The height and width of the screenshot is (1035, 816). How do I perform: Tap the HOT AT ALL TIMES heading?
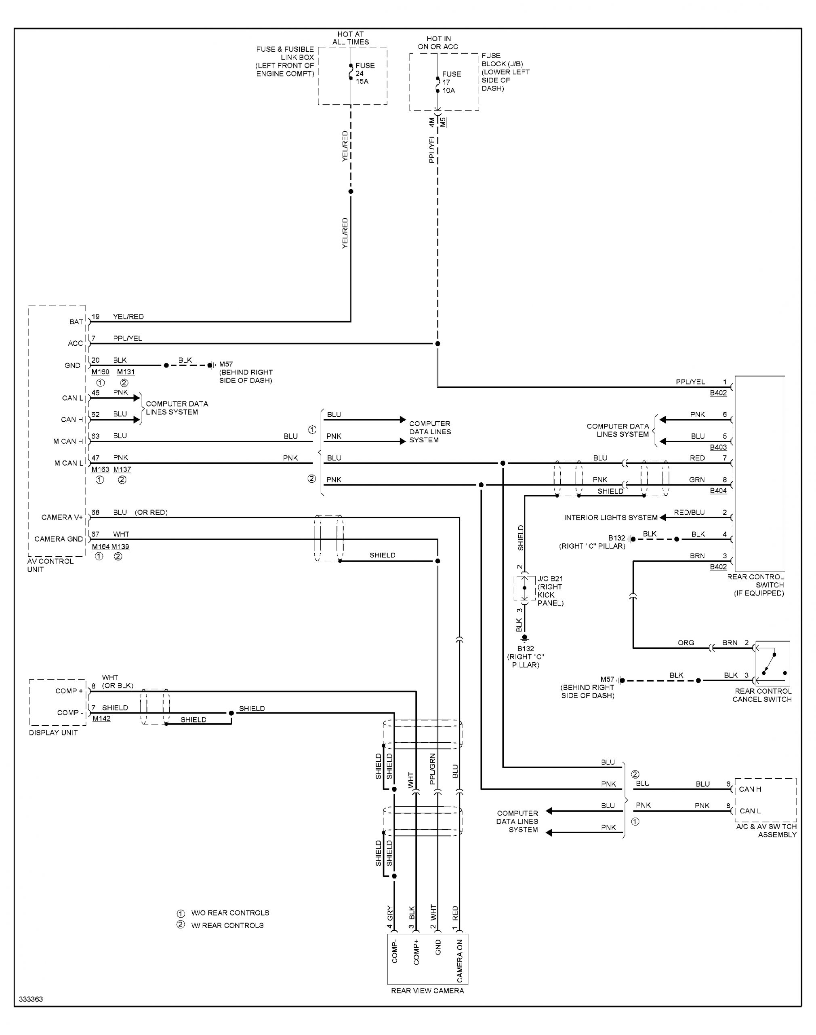point(350,38)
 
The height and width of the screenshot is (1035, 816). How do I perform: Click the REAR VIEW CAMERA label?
point(427,991)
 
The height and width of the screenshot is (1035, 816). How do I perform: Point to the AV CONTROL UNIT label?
point(50,565)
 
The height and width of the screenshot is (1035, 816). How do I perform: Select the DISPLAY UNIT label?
point(53,733)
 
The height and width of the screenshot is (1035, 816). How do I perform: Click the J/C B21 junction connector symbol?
point(525,588)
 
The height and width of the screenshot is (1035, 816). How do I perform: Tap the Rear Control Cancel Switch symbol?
point(772,663)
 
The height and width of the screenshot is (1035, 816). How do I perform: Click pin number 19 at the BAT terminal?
point(96,317)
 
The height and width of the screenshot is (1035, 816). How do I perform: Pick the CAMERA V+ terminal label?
point(62,517)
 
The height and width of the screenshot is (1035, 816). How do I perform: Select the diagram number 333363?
point(31,999)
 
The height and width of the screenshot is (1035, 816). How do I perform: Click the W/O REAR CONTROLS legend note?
point(230,912)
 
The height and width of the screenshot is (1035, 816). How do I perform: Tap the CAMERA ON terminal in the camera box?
point(460,961)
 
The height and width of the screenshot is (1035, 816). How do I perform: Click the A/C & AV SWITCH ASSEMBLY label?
point(766,830)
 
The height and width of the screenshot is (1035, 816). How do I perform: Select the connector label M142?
point(101,718)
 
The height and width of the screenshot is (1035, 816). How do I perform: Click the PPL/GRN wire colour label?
point(432,769)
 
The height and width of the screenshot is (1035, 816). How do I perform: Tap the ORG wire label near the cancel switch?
point(686,642)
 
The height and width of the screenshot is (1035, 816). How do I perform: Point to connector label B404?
point(718,490)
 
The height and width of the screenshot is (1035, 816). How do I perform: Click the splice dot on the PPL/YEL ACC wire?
point(437,343)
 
